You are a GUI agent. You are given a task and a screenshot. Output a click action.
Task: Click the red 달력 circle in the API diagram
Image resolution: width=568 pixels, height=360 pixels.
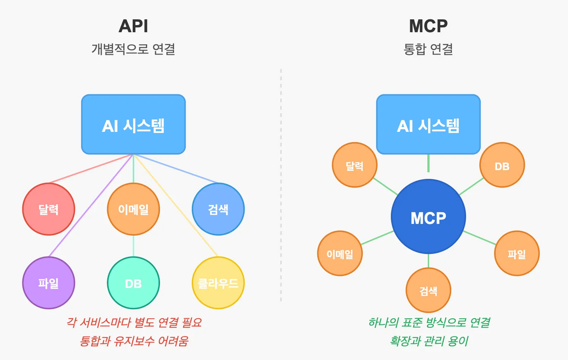pyautogui.click(x=48, y=209)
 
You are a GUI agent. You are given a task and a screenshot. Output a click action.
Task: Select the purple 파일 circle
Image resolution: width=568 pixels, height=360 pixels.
pyautogui.click(x=48, y=283)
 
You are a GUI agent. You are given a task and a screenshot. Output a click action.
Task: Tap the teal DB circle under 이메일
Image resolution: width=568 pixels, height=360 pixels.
pyautogui.click(x=133, y=283)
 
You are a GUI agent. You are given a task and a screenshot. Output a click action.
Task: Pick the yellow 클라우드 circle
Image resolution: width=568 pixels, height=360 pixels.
pyautogui.click(x=218, y=283)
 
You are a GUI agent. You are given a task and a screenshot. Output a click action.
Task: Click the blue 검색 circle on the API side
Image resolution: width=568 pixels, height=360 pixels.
pyautogui.click(x=218, y=209)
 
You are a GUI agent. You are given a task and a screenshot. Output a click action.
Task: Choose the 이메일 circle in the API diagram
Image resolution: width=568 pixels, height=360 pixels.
pyautogui.click(x=133, y=209)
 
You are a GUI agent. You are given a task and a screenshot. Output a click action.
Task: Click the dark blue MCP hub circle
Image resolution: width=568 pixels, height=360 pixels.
pyautogui.click(x=428, y=217)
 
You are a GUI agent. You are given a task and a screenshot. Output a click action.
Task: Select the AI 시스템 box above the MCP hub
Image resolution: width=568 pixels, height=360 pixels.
pyautogui.click(x=428, y=125)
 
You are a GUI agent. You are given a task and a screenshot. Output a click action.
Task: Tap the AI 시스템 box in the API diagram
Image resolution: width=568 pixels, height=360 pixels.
pyautogui.click(x=133, y=125)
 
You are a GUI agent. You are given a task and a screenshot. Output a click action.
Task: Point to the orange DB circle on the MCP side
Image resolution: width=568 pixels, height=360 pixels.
pyautogui.click(x=502, y=166)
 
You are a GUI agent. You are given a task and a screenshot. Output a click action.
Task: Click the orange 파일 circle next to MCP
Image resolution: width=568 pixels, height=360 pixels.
pyautogui.click(x=517, y=254)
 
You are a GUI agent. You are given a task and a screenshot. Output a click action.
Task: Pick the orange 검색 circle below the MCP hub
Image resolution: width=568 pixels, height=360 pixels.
pyautogui.click(x=428, y=290)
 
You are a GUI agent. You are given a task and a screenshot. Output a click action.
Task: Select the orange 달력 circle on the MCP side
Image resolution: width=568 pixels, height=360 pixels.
pyautogui.click(x=354, y=165)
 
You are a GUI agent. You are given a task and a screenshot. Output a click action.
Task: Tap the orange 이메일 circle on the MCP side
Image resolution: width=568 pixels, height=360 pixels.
pyautogui.click(x=340, y=254)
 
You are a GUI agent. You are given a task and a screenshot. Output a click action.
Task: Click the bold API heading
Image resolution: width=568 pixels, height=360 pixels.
pyautogui.click(x=133, y=26)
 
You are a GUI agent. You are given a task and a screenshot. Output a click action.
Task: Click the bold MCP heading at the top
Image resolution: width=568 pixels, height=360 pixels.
pyautogui.click(x=428, y=26)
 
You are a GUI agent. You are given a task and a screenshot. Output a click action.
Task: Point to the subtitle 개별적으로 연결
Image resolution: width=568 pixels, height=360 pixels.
pyautogui.click(x=133, y=49)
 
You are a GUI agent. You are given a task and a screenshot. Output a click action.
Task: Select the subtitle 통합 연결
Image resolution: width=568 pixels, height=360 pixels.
pyautogui.click(x=428, y=49)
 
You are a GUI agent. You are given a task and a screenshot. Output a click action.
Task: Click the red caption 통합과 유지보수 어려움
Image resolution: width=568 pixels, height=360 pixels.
pyautogui.click(x=134, y=341)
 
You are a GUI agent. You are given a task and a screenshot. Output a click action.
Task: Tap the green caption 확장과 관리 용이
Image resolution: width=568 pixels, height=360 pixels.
pyautogui.click(x=428, y=341)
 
